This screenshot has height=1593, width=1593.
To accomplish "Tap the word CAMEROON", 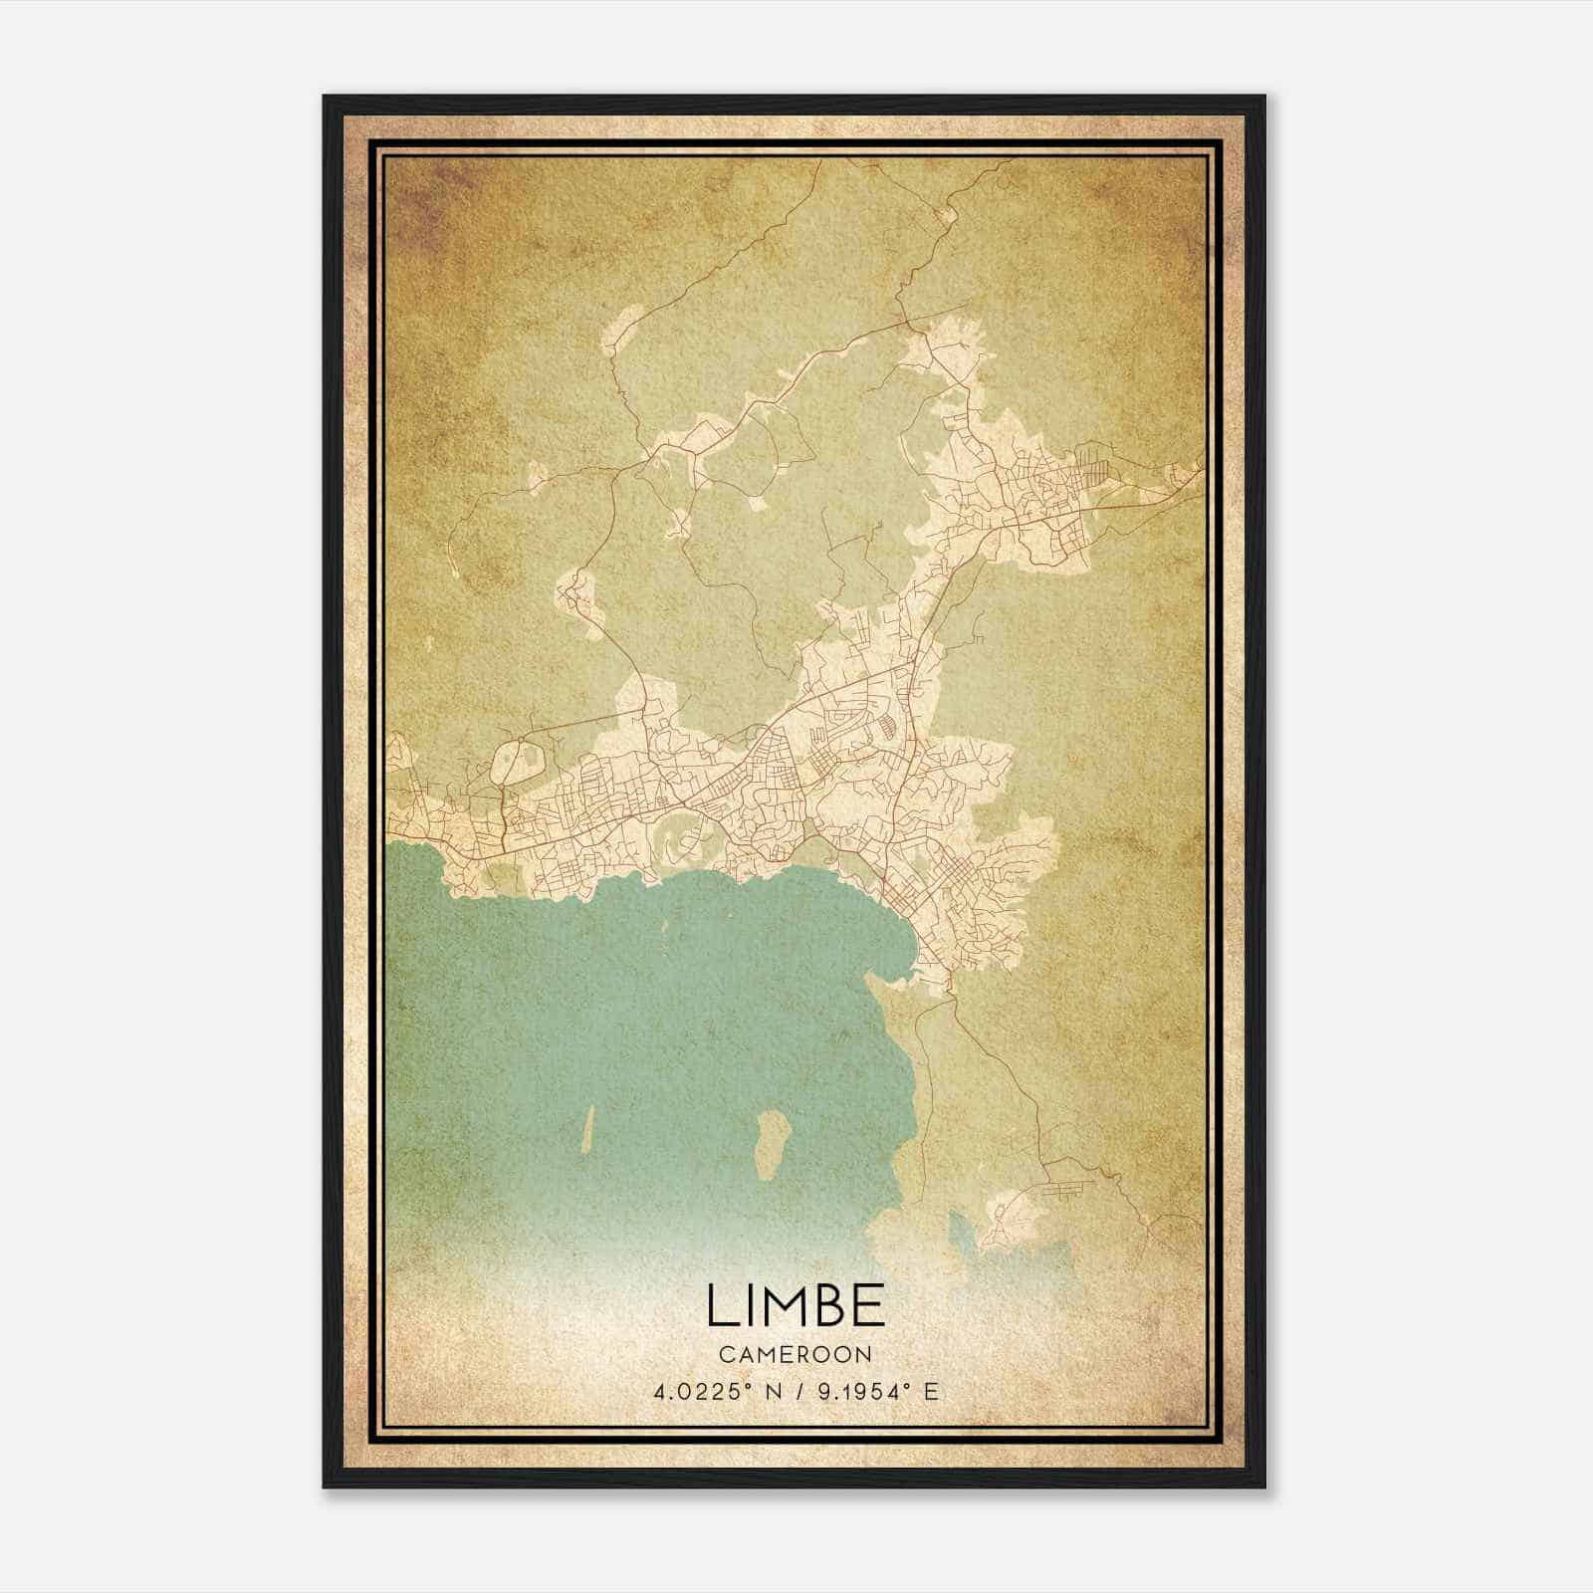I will click(x=796, y=1354).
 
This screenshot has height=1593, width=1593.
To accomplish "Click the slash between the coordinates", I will click(x=795, y=1392).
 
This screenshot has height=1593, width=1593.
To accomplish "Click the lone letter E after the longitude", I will click(x=931, y=1392).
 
